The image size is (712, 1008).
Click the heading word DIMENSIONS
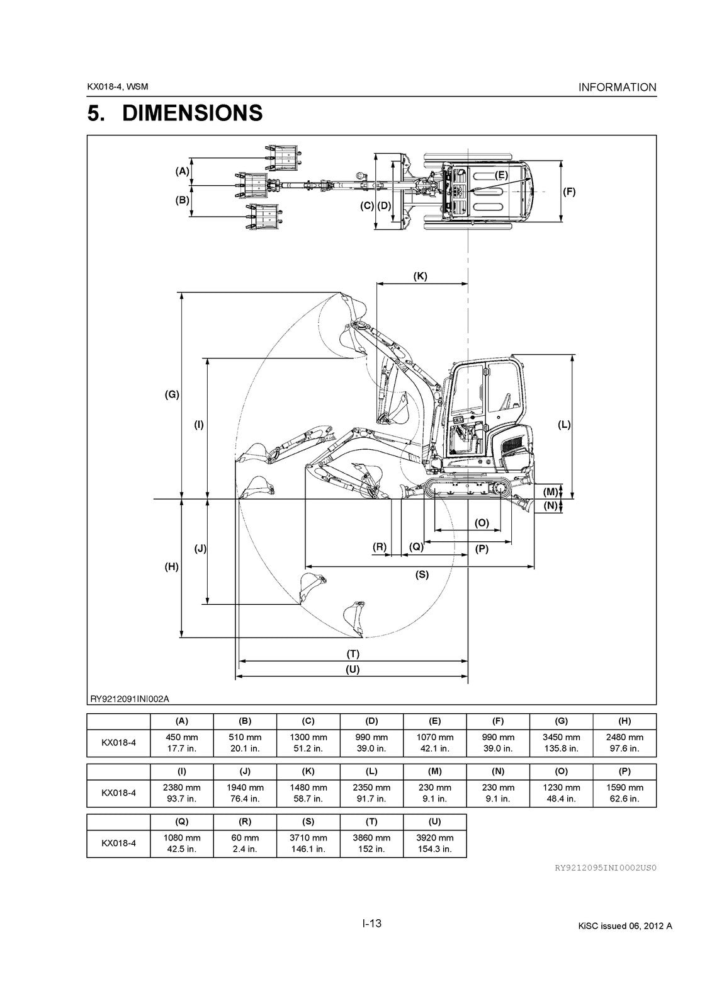[192, 113]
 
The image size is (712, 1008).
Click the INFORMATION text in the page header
[617, 88]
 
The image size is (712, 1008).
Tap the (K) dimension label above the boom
[420, 276]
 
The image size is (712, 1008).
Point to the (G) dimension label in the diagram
[172, 395]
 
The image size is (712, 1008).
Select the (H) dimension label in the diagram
[171, 566]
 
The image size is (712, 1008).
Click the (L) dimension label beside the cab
[564, 425]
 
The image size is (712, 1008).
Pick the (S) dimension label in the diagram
[422, 575]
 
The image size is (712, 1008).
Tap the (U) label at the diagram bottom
[353, 670]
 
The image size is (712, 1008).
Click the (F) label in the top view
[568, 192]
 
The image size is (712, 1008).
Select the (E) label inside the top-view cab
[501, 175]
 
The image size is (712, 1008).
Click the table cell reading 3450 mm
[561, 742]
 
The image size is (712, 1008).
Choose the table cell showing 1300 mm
[308, 742]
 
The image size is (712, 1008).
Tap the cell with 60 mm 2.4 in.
[245, 843]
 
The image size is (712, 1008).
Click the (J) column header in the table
[245, 771]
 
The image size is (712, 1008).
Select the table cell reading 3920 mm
[434, 843]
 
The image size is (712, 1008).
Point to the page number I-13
[371, 924]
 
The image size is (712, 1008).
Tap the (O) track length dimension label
[482, 523]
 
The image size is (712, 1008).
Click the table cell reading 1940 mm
[245, 793]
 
